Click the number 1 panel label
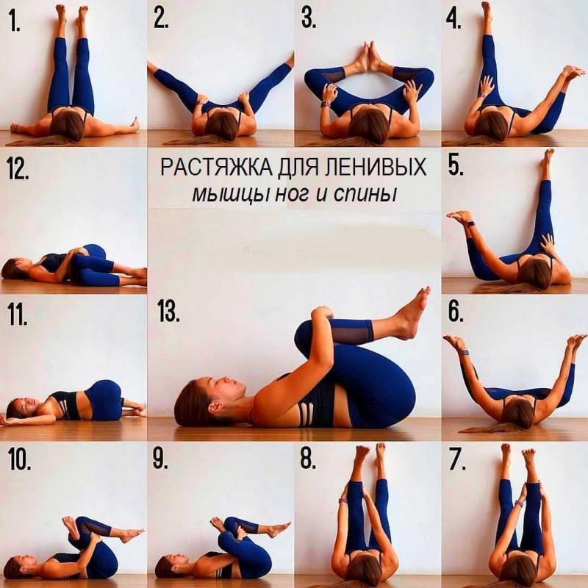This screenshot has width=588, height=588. click(x=15, y=21)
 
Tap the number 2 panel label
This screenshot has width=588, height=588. click(x=161, y=19)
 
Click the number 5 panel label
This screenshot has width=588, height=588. click(x=456, y=166)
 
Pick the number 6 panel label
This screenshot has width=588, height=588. click(x=456, y=312)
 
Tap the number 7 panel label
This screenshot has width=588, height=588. click(x=458, y=460)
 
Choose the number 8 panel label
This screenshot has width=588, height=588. click(x=308, y=459)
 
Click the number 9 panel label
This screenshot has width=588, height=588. click(x=160, y=459)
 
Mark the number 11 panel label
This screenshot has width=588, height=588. click(x=18, y=315)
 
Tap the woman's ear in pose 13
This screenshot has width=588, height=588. click(x=215, y=407)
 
